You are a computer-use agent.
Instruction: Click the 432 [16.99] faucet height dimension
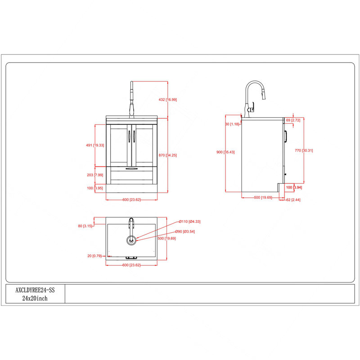pyautogui.click(x=167, y=99)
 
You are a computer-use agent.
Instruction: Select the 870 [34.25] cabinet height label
pyautogui.click(x=167, y=155)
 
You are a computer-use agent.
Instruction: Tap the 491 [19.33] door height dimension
pyautogui.click(x=95, y=145)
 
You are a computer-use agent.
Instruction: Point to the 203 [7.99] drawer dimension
pyautogui.click(x=95, y=175)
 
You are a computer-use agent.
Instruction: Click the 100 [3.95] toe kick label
pyautogui.click(x=95, y=188)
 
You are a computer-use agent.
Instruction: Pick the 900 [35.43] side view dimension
pyautogui.click(x=225, y=152)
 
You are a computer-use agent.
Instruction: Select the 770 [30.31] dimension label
pyautogui.click(x=304, y=150)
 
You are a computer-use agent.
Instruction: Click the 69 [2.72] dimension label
pyautogui.click(x=293, y=120)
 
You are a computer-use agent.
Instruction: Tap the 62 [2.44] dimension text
pyautogui.click(x=293, y=200)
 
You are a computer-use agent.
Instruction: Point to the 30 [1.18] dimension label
pyautogui.click(x=232, y=124)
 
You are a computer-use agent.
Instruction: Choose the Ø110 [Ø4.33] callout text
pyautogui.click(x=189, y=221)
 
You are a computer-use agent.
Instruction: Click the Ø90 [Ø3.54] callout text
pyautogui.click(x=185, y=231)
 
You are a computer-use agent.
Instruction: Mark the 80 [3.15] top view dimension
pyautogui.click(x=85, y=226)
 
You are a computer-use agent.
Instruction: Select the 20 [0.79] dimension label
pyautogui.click(x=94, y=256)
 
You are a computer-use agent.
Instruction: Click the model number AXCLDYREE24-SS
pyautogui.click(x=35, y=290)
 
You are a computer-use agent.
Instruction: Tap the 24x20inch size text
pyautogui.click(x=35, y=298)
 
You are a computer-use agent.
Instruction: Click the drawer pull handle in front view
pyautogui.click(x=131, y=169)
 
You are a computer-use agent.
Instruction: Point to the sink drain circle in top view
pyautogui.click(x=131, y=240)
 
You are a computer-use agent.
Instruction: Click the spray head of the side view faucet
pyautogui.click(x=264, y=94)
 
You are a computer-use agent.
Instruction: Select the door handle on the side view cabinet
pyautogui.click(x=286, y=136)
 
